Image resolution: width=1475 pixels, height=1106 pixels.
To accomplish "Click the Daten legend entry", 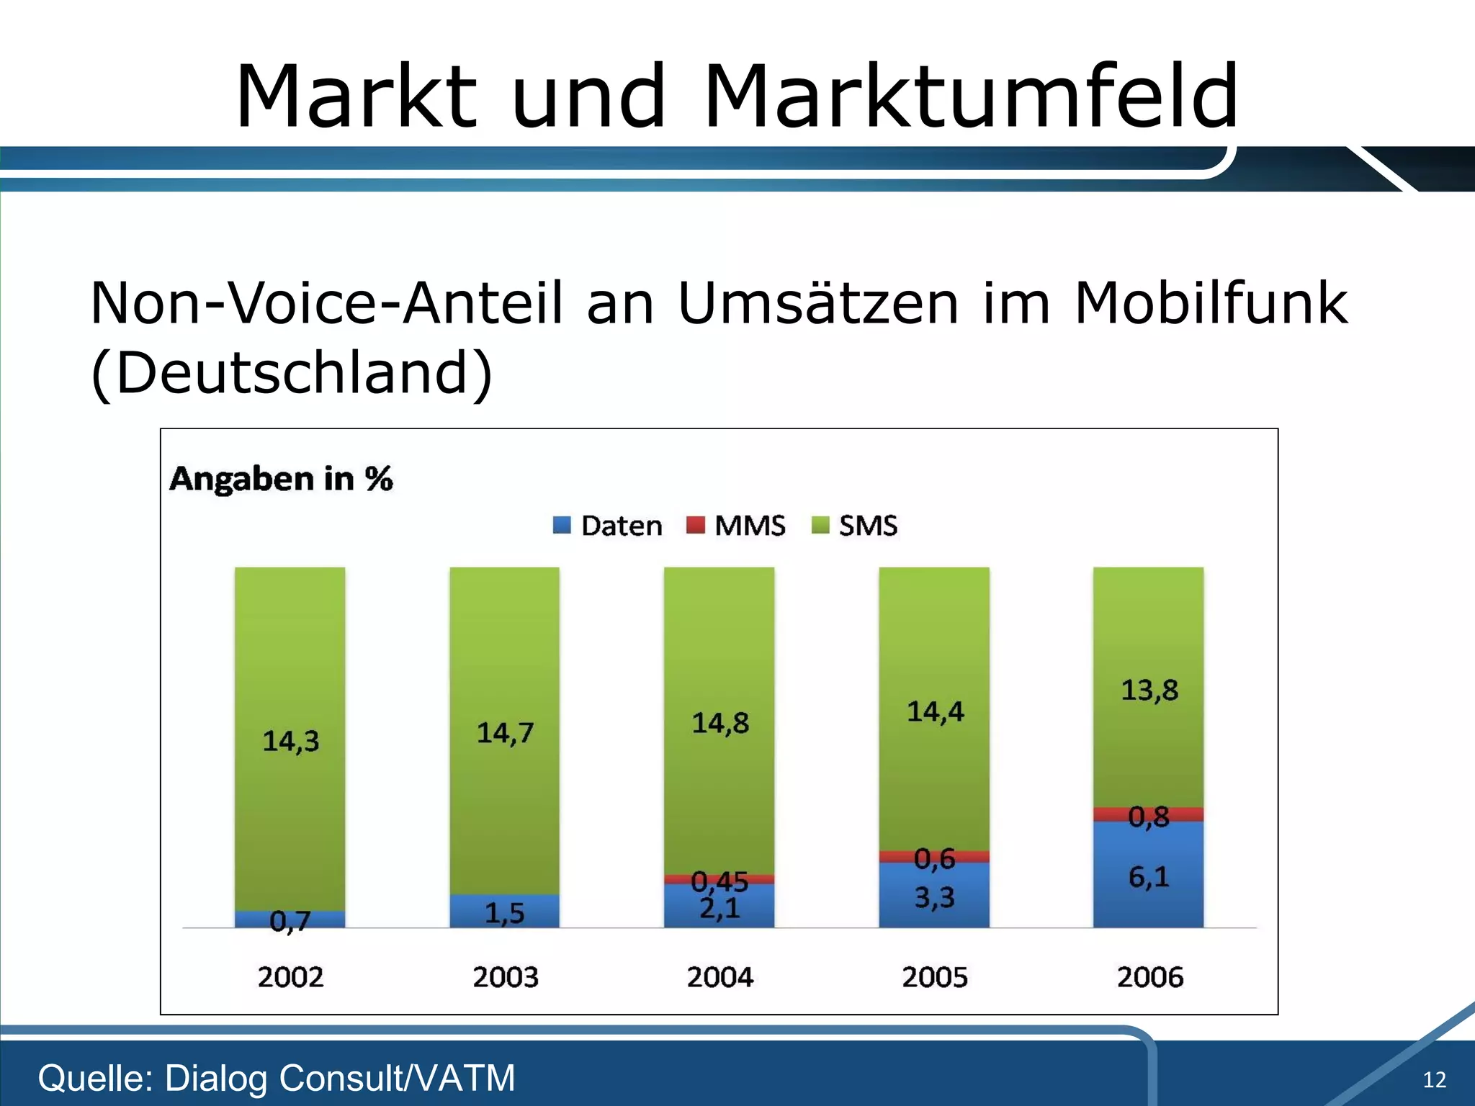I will tap(607, 526).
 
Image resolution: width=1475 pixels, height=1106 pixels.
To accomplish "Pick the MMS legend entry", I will tap(735, 526).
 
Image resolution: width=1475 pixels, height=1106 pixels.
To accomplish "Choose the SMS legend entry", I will tap(855, 526).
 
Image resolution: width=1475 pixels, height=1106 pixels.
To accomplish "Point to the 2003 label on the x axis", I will tap(505, 977).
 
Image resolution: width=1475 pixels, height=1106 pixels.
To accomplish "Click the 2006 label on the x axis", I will tap(1149, 977).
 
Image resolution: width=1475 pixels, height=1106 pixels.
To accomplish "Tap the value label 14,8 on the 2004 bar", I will tap(719, 723).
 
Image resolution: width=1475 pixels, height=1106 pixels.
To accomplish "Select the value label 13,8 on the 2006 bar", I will tap(1149, 690).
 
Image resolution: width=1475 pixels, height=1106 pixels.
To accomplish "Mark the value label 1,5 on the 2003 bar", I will tap(504, 913).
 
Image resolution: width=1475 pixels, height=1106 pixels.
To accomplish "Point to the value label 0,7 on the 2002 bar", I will tap(290, 921).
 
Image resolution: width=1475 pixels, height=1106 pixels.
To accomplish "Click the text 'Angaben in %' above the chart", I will tap(281, 479).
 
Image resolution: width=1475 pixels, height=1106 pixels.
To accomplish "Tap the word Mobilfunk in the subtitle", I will tap(1210, 302).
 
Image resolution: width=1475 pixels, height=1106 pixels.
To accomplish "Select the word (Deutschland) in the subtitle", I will tap(292, 372).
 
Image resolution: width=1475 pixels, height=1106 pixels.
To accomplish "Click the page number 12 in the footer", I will tap(1434, 1079).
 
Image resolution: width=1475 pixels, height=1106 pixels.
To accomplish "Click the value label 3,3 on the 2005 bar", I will tap(934, 897).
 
